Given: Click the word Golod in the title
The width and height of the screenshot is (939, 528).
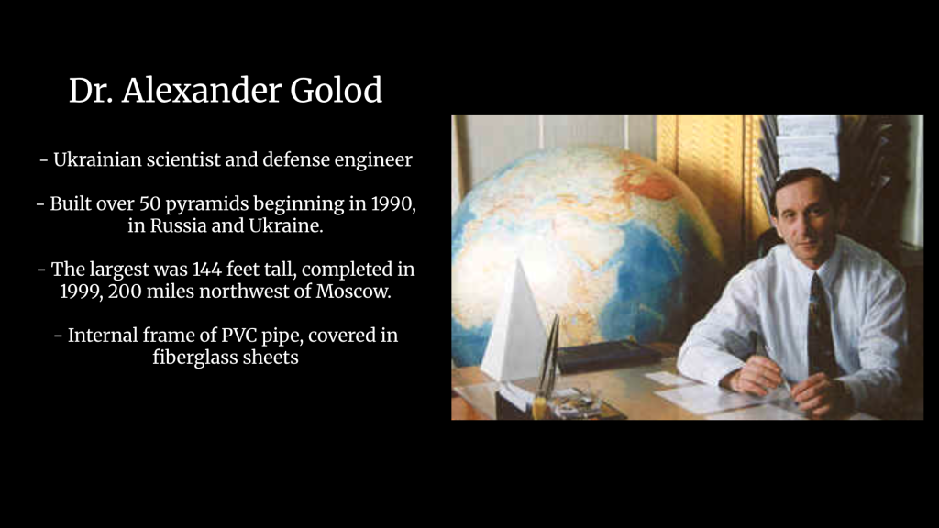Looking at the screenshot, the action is [336, 91].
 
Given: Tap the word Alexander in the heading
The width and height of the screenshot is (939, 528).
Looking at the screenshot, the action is [202, 91].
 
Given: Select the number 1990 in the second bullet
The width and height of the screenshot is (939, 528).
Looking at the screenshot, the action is [392, 204].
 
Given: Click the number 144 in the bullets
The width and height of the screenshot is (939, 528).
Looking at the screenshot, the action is [206, 269].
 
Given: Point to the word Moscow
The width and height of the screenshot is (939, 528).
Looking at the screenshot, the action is [353, 291].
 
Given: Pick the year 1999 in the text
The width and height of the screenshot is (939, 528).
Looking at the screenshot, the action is [81, 291].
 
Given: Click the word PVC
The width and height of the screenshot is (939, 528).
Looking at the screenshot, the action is [239, 335].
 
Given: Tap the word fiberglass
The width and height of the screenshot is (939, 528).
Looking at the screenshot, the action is [199, 357].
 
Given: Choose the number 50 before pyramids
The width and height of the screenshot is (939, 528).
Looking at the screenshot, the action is [149, 204].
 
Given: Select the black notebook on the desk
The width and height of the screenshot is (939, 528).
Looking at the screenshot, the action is [607, 356].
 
